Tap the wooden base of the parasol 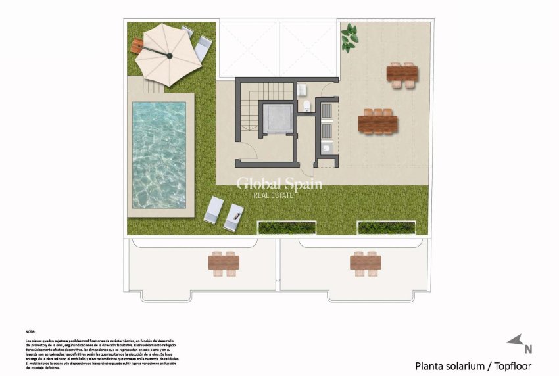pos(137,46)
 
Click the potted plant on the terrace pos(349,37)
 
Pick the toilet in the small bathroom pos(306,106)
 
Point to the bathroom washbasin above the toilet pos(302,89)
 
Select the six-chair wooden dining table pos(377,123)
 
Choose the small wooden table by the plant pos(402,74)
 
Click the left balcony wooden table pos(224,262)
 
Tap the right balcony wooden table pos(365,262)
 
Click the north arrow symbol pos(515,341)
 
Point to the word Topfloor pos(508,366)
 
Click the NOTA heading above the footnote pos(32,333)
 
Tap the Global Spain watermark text pos(279,184)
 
